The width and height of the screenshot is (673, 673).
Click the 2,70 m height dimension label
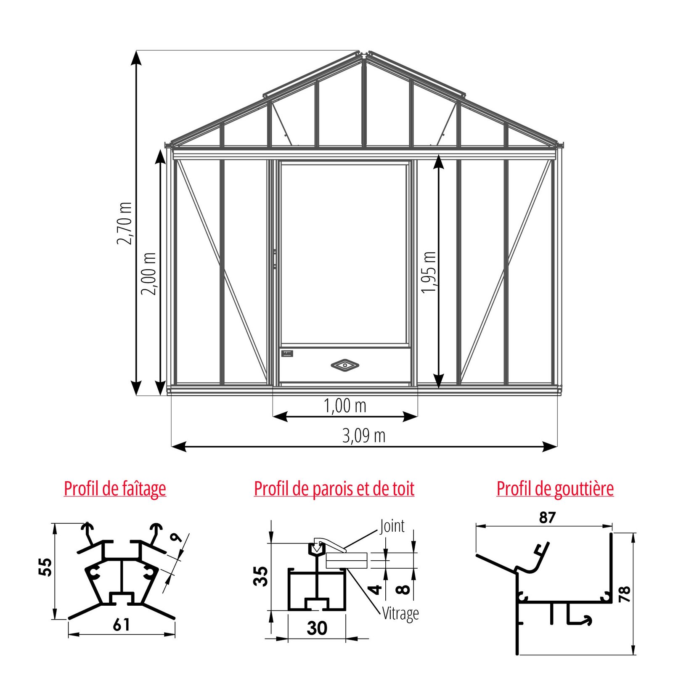point(125,223)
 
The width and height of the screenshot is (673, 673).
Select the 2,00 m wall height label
point(148,274)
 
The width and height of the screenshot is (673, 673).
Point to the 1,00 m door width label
point(345,406)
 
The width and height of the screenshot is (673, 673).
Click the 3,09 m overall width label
point(364,436)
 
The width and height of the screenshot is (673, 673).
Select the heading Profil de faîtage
point(115,489)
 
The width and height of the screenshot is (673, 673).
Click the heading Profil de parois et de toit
point(334,489)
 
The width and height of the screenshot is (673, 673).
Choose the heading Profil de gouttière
point(555,489)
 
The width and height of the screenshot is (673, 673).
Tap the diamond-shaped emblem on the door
point(345,365)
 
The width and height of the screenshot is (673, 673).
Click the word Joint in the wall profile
point(392,526)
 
